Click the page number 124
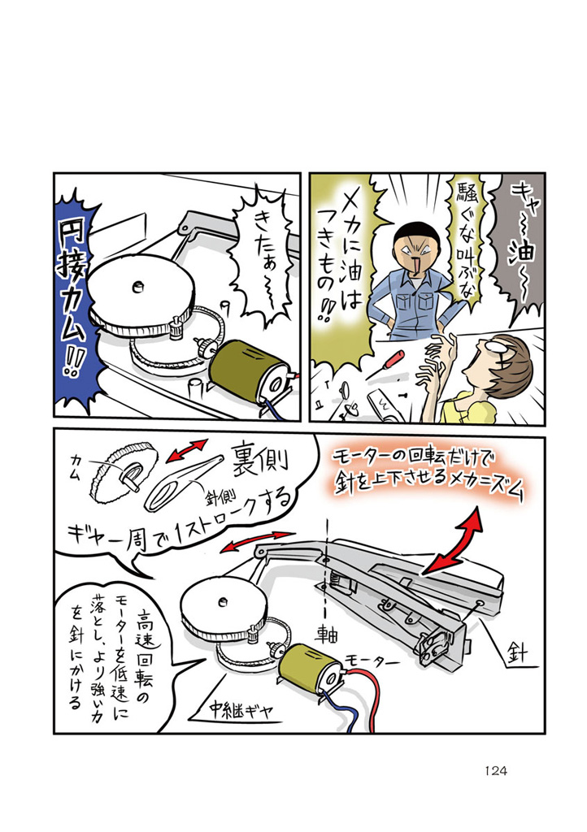click(x=496, y=771)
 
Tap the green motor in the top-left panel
click(x=249, y=368)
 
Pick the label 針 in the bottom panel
click(x=516, y=652)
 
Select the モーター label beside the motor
click(x=372, y=661)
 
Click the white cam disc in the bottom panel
click(x=222, y=604)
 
